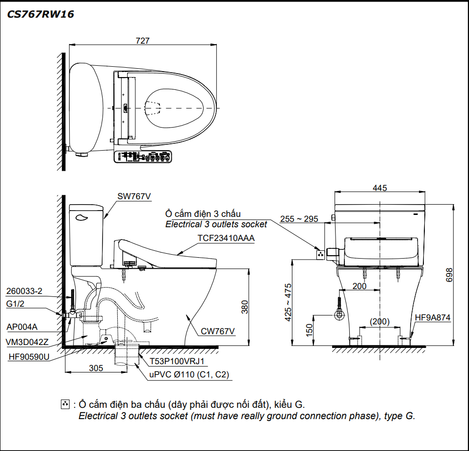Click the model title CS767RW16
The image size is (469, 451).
[x=40, y=14]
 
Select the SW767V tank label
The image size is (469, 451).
[x=133, y=196]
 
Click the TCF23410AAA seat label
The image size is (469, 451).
[x=226, y=238]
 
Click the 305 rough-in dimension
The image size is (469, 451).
[x=96, y=368]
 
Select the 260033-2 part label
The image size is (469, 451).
[x=24, y=291]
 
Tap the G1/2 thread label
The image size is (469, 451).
[x=16, y=304]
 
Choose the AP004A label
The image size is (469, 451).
[x=22, y=326]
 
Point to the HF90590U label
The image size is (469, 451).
[x=29, y=357]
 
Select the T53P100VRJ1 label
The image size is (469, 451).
[x=178, y=362]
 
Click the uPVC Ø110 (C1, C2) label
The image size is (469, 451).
[x=189, y=375]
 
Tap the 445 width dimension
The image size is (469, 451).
[x=379, y=188]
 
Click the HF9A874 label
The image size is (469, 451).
[x=432, y=318]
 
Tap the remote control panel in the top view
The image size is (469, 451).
[x=143, y=157]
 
